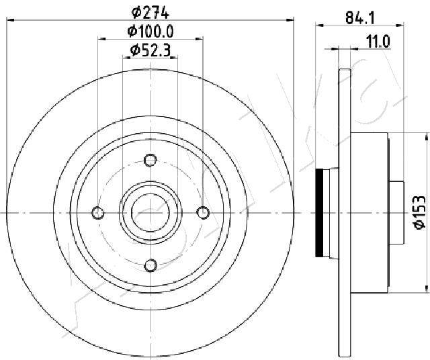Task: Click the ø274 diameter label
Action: point(150,13)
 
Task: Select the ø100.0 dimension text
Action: point(150,32)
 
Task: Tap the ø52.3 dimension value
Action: point(150,50)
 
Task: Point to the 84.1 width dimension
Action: point(360,19)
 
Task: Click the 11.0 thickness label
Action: point(378,42)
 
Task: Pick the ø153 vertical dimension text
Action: point(419,212)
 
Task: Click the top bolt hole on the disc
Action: point(150,160)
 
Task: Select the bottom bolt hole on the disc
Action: point(150,265)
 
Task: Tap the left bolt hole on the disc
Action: point(97,213)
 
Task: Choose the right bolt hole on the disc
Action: point(203,213)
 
